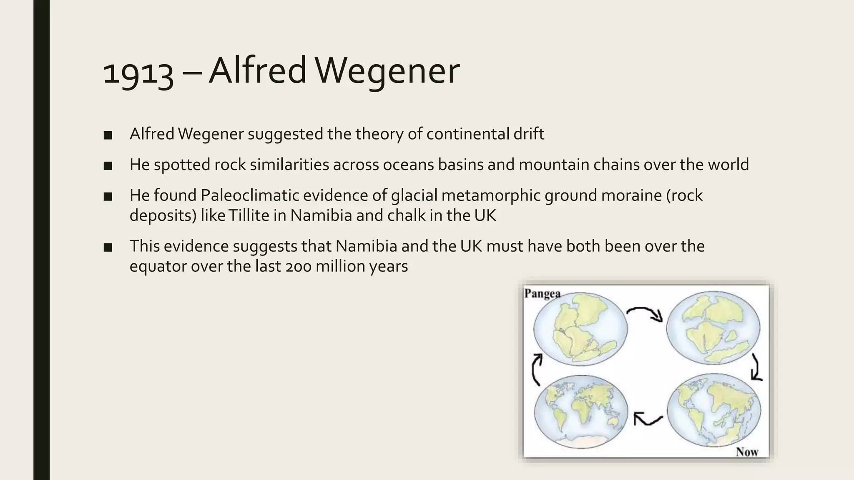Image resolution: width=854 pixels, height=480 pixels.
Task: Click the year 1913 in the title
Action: click(x=138, y=72)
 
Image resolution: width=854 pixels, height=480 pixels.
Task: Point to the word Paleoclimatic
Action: click(x=249, y=195)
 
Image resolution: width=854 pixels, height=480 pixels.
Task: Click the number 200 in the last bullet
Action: click(x=299, y=266)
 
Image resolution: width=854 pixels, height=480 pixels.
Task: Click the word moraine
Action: click(x=631, y=195)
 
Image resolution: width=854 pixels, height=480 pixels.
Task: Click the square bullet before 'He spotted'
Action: click(x=108, y=166)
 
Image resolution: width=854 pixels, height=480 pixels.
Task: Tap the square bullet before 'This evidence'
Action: click(x=108, y=247)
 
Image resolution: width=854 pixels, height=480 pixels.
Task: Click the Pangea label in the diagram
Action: click(x=542, y=293)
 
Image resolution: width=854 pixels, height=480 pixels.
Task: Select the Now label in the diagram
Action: click(x=747, y=452)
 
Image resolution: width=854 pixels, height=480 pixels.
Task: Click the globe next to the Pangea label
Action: click(x=580, y=329)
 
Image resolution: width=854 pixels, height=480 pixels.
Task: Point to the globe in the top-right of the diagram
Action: click(x=713, y=328)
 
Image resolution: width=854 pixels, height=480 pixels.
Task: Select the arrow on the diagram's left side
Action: click(x=536, y=369)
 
